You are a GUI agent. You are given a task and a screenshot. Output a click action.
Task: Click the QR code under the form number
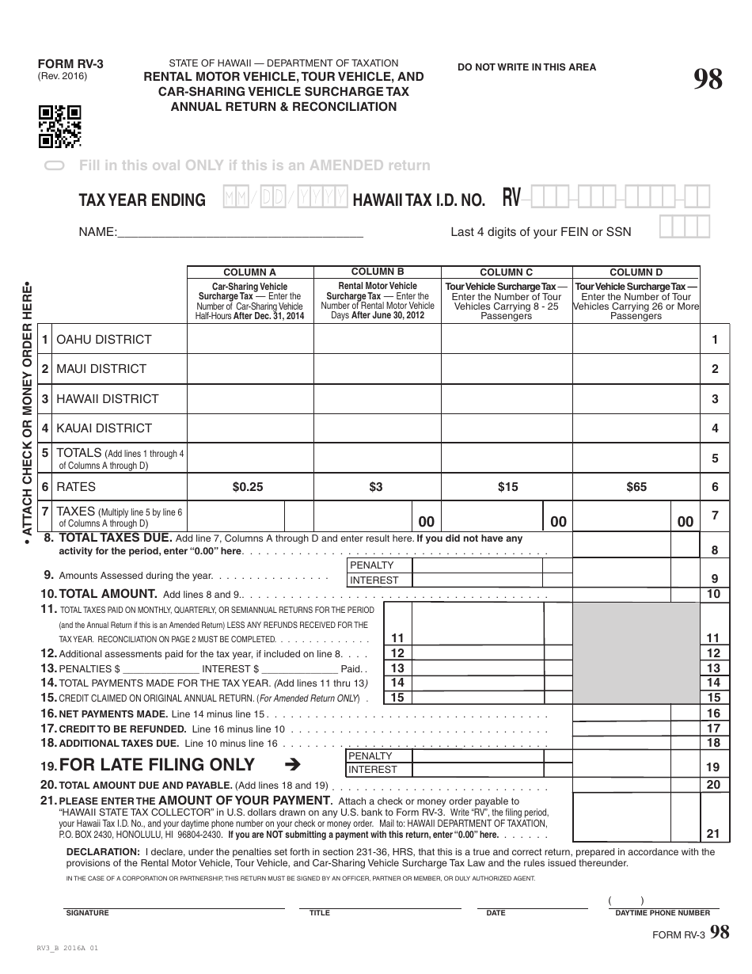coord(60,127)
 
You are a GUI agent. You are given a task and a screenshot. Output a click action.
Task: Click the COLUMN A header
coord(250,272)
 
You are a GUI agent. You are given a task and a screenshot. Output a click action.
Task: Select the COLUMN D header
coord(636,272)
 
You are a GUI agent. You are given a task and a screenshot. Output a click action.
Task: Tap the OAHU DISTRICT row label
coord(103,340)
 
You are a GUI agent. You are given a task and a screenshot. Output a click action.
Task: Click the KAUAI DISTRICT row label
coord(103,428)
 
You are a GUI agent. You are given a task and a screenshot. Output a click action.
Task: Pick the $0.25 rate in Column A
coord(248,487)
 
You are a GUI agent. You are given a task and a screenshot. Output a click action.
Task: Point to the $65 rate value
coord(636,487)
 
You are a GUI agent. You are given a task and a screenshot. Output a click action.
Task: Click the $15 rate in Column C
coord(507,487)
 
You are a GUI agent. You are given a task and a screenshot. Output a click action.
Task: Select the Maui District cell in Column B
coord(378,369)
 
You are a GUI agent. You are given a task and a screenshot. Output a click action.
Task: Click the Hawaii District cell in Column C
coord(507,398)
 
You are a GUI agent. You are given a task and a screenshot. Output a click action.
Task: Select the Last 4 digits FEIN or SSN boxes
coord(685,227)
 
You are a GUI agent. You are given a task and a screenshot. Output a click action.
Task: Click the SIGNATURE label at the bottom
coord(87,913)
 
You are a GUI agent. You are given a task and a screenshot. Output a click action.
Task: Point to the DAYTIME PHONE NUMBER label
coord(663,913)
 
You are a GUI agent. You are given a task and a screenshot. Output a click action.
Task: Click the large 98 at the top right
coord(708,81)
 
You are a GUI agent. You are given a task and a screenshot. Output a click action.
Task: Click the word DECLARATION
coord(102,852)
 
